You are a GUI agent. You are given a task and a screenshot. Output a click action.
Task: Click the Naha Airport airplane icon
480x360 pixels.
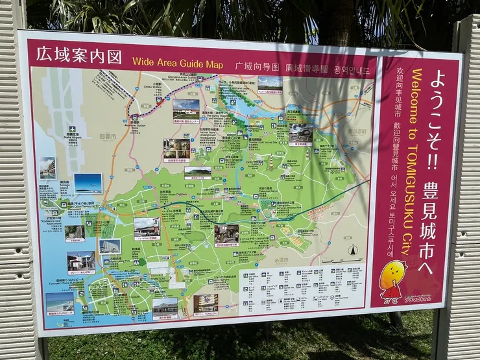click(72, 129)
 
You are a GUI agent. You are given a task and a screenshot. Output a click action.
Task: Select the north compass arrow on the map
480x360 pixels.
click(353, 250)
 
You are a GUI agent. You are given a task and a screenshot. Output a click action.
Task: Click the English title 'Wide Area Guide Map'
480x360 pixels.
click(177, 64)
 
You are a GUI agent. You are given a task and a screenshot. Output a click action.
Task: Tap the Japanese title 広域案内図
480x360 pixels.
click(79, 55)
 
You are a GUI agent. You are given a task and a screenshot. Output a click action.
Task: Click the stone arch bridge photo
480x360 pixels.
click(300, 133)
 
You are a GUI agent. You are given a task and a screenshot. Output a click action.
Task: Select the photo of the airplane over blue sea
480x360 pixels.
click(88, 183)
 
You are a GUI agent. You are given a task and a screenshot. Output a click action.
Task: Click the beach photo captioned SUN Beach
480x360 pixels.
click(59, 302)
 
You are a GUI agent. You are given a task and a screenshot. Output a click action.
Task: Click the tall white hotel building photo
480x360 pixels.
click(47, 168)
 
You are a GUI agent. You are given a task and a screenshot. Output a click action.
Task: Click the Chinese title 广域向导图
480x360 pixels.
click(257, 66)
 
